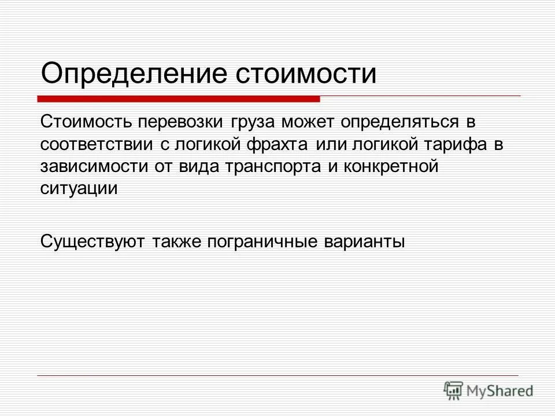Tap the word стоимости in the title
click(307, 74)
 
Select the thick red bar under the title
click(179, 99)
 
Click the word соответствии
click(101, 145)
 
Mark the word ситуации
click(79, 189)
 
